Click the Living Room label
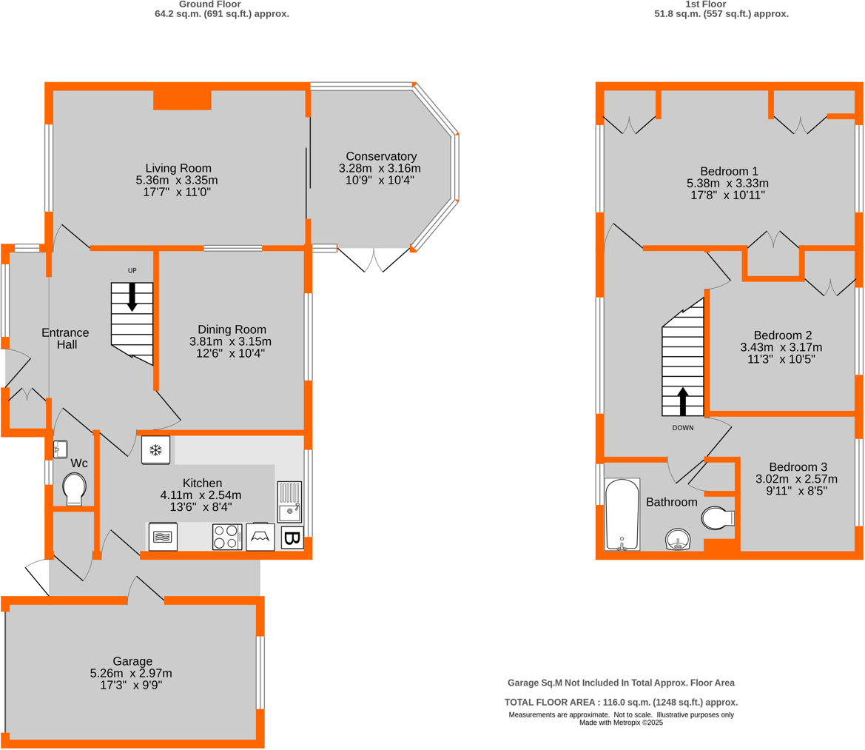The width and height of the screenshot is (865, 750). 178,167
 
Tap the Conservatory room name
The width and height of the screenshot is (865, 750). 381,156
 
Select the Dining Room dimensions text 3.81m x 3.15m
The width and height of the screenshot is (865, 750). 231,341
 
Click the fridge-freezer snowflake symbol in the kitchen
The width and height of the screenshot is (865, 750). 156,450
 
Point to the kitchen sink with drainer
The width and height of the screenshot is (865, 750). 289,501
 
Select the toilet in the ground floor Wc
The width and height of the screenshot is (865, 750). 74,489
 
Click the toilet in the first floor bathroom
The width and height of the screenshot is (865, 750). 717,518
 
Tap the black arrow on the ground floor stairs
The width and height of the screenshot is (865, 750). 132,296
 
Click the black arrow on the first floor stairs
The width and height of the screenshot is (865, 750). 682,401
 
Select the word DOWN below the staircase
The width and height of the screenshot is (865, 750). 682,428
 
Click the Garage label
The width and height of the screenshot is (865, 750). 132,661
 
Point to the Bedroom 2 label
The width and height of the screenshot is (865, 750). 782,334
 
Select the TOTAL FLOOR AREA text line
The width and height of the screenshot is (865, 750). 621,702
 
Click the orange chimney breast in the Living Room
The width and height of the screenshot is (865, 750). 182,100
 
